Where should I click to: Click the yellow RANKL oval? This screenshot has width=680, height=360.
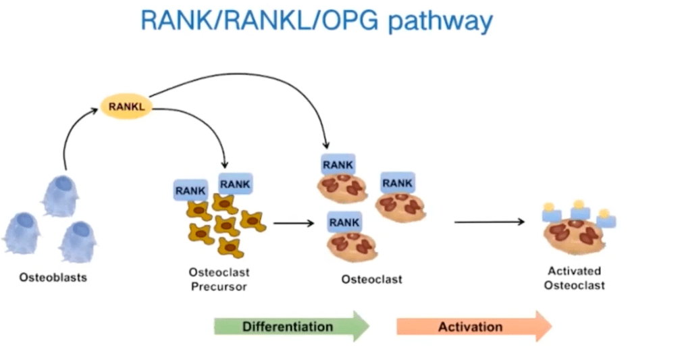126,107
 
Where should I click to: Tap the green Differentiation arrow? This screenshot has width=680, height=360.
292,326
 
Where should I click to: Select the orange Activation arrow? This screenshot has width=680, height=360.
474,326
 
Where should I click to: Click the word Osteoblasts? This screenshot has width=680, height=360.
53,278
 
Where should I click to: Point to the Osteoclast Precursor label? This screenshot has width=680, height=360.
219,280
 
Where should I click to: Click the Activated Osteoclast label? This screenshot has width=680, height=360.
575,278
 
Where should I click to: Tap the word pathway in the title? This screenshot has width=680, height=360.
440,21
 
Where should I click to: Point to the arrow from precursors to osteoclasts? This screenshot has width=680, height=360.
294,224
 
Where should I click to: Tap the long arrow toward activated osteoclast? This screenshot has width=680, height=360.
489,222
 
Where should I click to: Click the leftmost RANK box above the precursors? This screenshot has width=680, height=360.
190,190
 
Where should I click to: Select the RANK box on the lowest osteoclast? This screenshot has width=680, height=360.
344,222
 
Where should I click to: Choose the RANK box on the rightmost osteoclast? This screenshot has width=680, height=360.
398,182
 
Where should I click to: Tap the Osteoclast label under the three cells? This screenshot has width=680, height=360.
371,280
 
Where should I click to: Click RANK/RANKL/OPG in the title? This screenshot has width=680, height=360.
260,20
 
